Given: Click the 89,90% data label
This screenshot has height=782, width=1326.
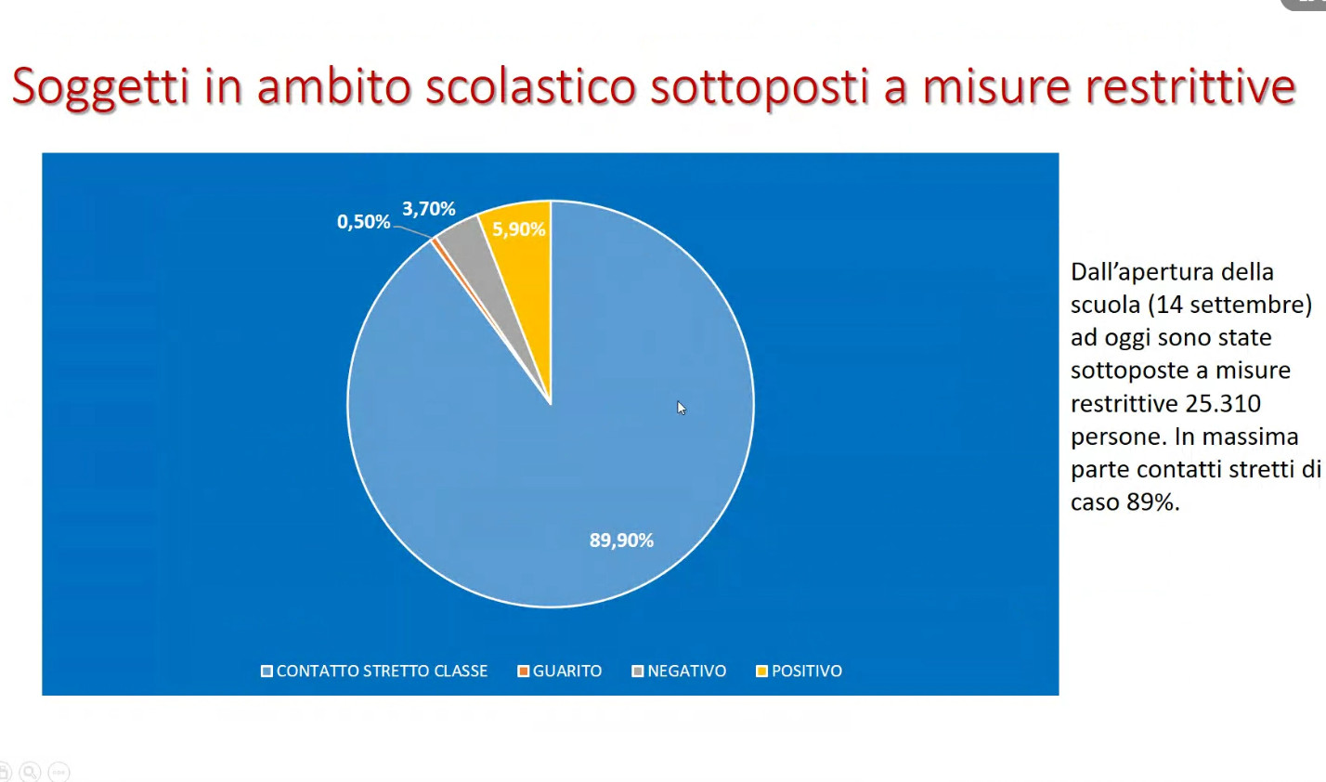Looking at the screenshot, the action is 621,540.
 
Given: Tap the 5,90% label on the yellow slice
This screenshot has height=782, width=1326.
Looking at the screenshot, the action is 518,229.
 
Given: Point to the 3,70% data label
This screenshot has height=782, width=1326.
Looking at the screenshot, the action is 429,208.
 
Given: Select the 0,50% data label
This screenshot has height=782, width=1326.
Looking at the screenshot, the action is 363,221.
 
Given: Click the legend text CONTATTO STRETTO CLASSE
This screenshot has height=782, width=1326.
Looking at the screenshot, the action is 382,671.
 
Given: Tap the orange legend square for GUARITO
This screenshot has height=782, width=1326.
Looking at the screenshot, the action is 523,671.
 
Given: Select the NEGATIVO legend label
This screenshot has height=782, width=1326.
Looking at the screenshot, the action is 687,671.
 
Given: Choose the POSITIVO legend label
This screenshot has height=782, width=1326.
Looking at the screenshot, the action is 806,671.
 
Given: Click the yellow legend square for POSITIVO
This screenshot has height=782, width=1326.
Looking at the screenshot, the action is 761,671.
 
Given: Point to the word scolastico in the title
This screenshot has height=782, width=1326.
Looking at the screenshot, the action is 530,86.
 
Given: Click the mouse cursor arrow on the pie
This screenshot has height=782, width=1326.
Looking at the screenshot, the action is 682,408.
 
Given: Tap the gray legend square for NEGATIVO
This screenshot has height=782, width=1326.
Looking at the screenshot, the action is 638,671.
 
